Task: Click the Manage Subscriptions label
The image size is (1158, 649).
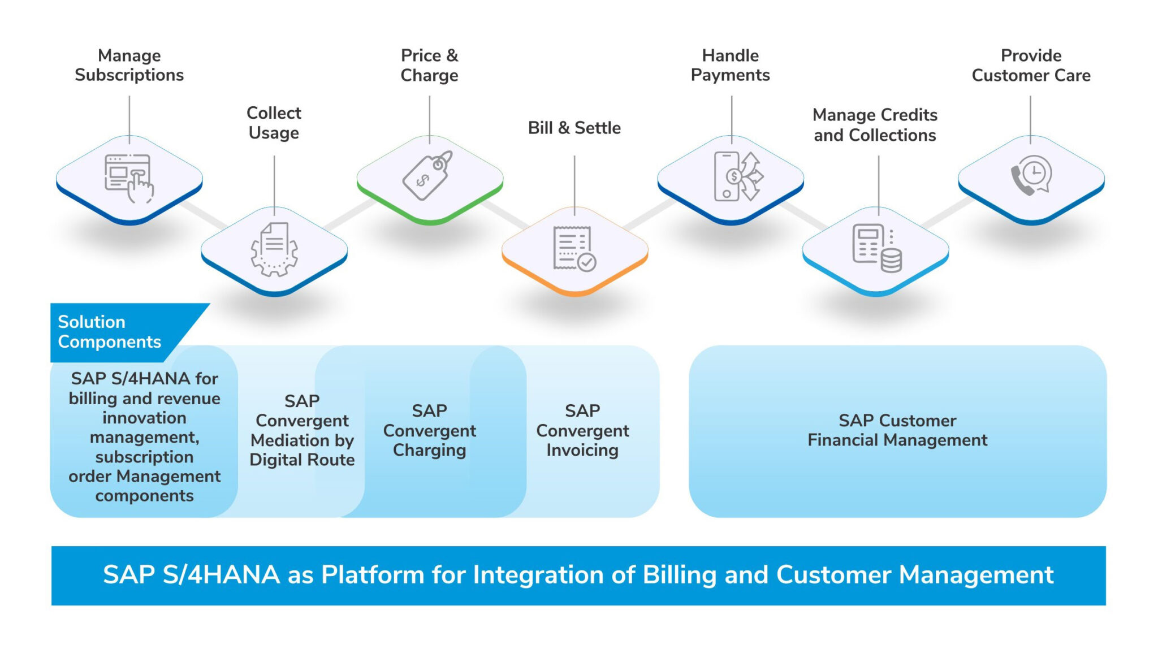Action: (x=129, y=65)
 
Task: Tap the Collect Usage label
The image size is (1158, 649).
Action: (x=274, y=123)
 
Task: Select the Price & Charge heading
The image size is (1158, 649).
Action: (x=429, y=65)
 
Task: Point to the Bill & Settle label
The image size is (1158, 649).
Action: (x=574, y=128)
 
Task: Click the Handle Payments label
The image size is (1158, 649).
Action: (x=731, y=65)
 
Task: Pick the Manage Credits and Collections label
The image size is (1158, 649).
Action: (x=875, y=125)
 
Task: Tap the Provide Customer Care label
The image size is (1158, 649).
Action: (x=1031, y=65)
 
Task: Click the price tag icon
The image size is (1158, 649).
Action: (x=428, y=175)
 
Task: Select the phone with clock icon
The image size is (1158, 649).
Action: (x=1031, y=176)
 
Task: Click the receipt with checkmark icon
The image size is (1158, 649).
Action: (x=574, y=249)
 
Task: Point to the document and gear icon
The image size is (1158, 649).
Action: (x=274, y=249)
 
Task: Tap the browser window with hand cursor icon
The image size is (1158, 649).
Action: (x=129, y=178)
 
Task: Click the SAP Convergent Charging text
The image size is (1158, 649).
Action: (x=430, y=430)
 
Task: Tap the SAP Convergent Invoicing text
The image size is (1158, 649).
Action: (x=582, y=430)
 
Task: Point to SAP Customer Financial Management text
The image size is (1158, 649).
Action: (x=897, y=430)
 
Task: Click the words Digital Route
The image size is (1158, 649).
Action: (x=302, y=460)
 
